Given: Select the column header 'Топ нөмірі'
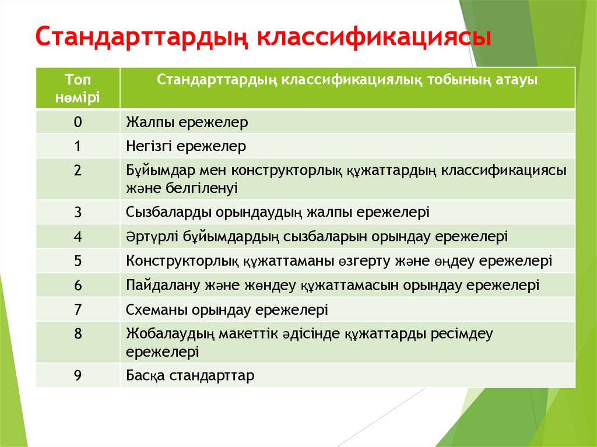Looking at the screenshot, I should pos(78,88).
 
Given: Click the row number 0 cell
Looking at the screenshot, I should pos(78,122).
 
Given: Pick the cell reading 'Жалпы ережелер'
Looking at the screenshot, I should pos(187,122).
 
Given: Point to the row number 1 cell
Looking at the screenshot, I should pos(78,146).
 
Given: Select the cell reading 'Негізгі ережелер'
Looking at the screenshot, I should pos(186,146).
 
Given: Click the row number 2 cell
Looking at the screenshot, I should pos(78,171).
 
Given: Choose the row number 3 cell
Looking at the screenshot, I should pos(78,212).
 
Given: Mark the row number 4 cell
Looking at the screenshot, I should pos(78,236).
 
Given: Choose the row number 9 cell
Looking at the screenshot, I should pos(78,375).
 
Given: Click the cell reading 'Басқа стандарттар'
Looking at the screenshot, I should pos(190,376).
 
